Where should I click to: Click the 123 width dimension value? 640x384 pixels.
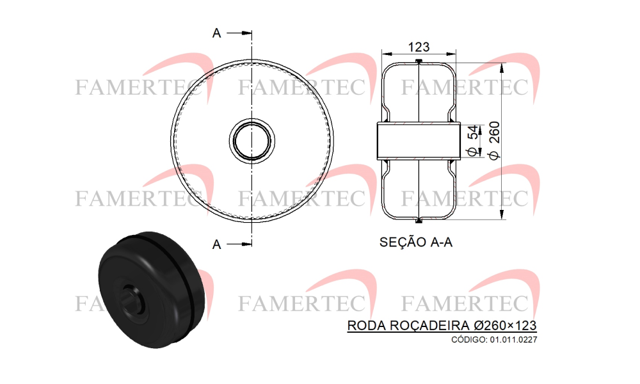419,47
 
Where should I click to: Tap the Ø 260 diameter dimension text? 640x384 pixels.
494,141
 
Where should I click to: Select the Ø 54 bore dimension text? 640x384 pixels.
473,141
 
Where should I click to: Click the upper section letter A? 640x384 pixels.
217,33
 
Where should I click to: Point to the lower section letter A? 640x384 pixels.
217,244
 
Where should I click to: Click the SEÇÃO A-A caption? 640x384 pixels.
416,242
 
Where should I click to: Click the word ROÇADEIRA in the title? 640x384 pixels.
429,325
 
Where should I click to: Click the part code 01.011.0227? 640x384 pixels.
513,339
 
